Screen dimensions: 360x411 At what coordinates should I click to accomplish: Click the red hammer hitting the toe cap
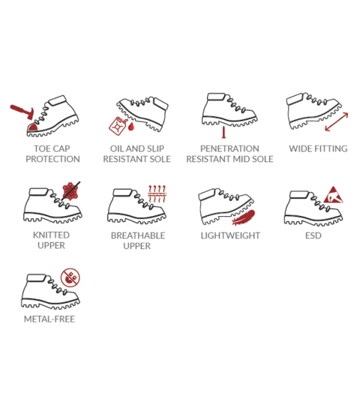(x=23, y=112)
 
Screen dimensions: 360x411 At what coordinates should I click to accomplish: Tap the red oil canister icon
(x=117, y=126)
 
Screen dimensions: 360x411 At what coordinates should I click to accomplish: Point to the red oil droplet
(x=131, y=127)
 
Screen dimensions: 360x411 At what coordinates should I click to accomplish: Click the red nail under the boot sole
(x=223, y=132)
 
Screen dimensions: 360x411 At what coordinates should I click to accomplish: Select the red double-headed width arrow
(x=337, y=121)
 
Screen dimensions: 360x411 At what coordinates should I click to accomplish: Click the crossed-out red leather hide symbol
(x=70, y=191)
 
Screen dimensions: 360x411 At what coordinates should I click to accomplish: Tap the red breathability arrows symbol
(x=157, y=193)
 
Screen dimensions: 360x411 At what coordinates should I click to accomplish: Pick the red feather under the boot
(x=244, y=217)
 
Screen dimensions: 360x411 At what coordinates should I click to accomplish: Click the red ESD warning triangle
(x=333, y=196)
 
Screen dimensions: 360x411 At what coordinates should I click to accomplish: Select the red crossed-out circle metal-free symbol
(x=70, y=277)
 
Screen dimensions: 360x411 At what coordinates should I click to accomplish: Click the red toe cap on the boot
(x=33, y=127)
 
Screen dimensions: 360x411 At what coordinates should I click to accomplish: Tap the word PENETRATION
(x=229, y=148)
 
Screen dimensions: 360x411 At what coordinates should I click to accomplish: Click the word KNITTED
(x=51, y=235)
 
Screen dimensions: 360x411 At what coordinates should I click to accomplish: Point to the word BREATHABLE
(x=138, y=235)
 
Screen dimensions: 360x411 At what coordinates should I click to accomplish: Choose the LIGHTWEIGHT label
(x=230, y=235)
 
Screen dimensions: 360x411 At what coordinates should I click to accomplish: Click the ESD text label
(x=313, y=235)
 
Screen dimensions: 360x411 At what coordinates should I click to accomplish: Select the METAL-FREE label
(x=49, y=319)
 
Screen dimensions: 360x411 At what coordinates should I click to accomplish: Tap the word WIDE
(x=301, y=148)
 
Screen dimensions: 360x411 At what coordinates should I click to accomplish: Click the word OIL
(x=117, y=148)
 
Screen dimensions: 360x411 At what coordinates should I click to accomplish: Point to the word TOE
(x=42, y=148)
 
